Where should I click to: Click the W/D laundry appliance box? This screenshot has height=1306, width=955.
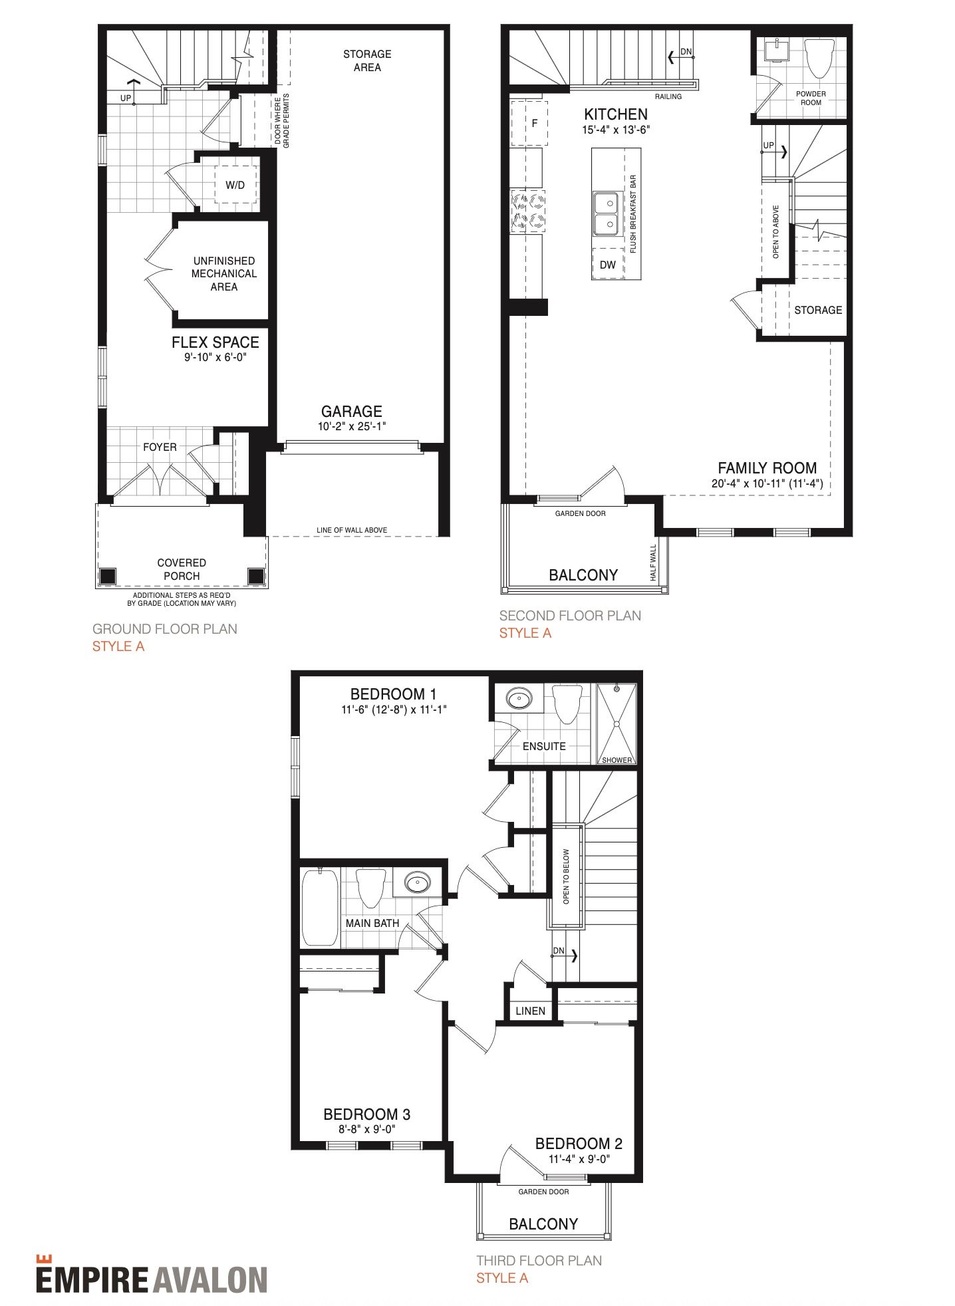(235, 185)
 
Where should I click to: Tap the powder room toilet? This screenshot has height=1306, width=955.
(819, 59)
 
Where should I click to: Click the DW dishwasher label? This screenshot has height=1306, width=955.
(608, 265)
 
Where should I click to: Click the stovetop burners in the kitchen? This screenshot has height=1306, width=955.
(528, 211)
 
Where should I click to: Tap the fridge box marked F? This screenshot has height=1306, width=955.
(529, 123)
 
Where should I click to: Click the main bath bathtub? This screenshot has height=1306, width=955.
(320, 907)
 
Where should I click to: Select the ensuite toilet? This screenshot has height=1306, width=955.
(567, 704)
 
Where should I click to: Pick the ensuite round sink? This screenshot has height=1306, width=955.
(519, 698)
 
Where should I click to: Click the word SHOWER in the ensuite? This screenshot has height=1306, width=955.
(617, 760)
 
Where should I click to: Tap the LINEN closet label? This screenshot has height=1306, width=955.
(531, 1011)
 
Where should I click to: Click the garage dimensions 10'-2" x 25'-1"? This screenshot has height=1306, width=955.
(352, 426)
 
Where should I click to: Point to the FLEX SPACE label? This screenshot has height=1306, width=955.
(215, 342)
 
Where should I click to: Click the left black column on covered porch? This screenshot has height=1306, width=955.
(107, 576)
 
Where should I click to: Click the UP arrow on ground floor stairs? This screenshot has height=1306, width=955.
(133, 91)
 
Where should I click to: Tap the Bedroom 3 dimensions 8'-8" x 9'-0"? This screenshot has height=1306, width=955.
(367, 1129)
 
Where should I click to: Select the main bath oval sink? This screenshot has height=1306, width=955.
(417, 884)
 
